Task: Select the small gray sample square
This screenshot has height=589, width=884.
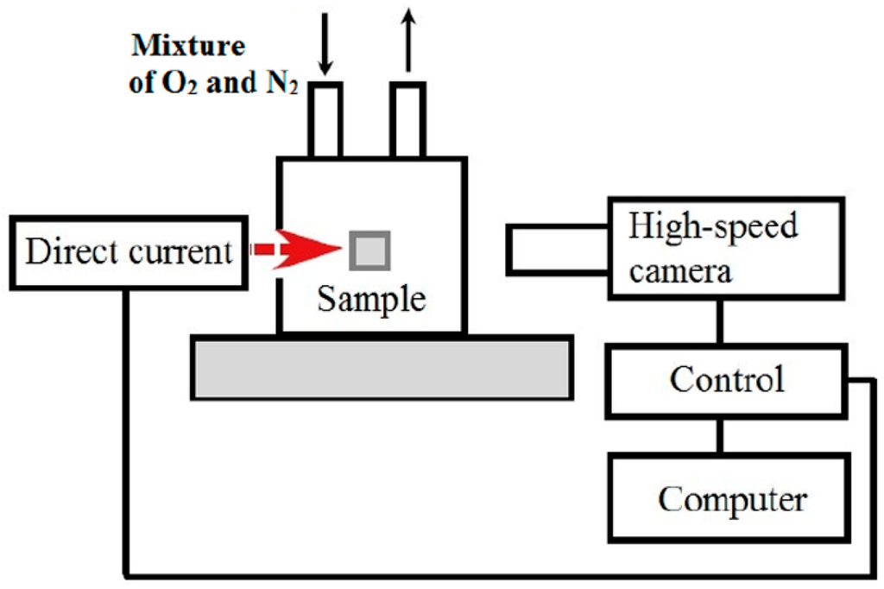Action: coord(370,250)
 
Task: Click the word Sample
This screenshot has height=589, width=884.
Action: coord(371,299)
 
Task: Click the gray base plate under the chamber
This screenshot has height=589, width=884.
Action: coord(381,368)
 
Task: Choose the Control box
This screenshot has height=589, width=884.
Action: coord(727,380)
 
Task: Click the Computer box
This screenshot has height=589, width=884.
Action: coord(732,499)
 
